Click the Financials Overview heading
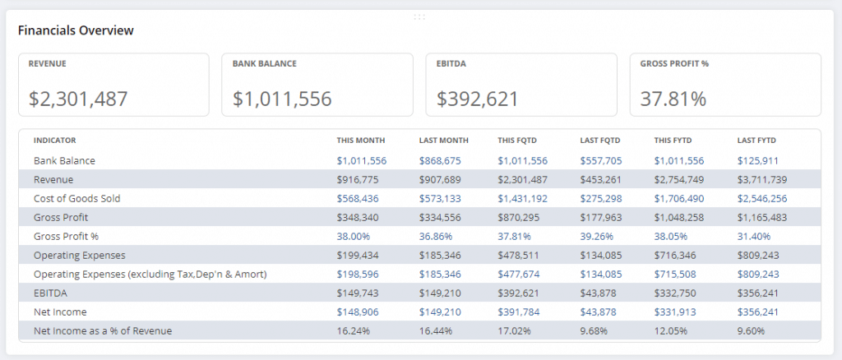(x=76, y=30)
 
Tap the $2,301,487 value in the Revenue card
(x=78, y=99)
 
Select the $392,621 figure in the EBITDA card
(x=478, y=99)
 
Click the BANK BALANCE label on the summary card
(x=264, y=63)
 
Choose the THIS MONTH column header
(x=360, y=141)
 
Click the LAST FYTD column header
(x=756, y=141)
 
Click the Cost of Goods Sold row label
(x=76, y=198)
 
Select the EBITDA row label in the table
(x=51, y=293)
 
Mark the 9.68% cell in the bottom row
(x=594, y=330)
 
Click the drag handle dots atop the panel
(x=419, y=16)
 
